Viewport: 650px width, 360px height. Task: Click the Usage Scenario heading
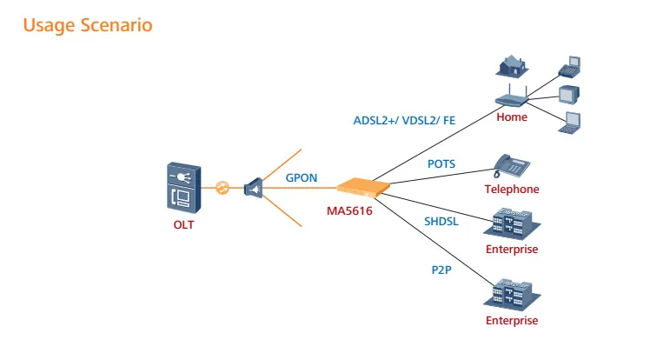[87, 25]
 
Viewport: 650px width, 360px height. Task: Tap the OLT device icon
[184, 187]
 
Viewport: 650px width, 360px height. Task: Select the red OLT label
[184, 227]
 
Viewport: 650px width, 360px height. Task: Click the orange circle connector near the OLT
[222, 187]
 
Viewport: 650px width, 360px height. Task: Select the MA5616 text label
[350, 210]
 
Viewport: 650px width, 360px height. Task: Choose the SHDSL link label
[441, 223]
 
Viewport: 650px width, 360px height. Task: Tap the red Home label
[512, 117]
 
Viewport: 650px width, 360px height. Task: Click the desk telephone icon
[511, 164]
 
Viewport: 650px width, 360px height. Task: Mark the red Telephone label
[512, 189]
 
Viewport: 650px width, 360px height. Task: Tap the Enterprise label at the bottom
[512, 320]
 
